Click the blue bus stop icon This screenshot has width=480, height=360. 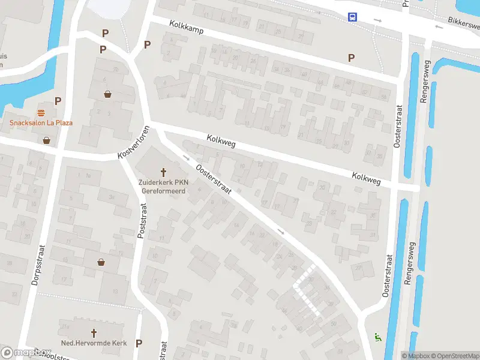tap(352, 17)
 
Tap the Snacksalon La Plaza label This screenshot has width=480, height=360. tap(41, 123)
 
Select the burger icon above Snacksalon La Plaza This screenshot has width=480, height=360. tap(41, 113)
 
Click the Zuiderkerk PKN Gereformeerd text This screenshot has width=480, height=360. tap(163, 186)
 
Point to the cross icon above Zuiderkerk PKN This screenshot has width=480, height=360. tap(163, 172)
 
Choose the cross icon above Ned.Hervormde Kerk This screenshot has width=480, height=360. tap(93, 332)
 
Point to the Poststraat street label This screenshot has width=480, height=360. tap(142, 221)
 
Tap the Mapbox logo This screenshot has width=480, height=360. tap(25, 353)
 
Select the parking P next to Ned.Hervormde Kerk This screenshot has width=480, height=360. tap(139, 343)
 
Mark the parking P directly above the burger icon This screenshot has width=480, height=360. tap(58, 101)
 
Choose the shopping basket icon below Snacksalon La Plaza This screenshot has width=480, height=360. tap(47, 140)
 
